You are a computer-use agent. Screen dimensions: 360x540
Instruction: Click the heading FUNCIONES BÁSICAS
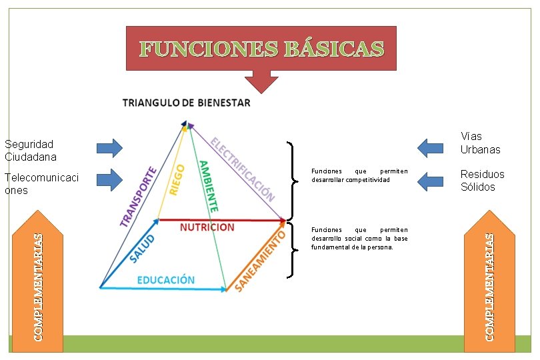point(261,49)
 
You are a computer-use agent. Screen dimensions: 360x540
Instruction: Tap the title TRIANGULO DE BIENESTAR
point(187,103)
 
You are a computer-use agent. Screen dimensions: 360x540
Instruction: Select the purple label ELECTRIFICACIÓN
point(242,169)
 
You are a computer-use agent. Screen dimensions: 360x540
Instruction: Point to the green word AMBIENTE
point(208,186)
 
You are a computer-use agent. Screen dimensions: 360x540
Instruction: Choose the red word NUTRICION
point(207,227)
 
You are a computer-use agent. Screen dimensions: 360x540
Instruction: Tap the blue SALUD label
point(142,247)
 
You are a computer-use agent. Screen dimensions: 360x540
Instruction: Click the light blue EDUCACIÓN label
point(166,279)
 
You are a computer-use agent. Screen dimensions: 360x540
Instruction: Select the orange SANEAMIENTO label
point(260,261)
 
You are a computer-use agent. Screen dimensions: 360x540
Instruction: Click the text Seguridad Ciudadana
point(30,150)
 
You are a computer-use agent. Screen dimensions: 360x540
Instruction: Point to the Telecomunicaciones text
point(41,183)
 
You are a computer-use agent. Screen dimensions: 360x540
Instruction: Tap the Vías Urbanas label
point(480,143)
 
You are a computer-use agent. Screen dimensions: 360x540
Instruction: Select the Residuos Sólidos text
point(482,180)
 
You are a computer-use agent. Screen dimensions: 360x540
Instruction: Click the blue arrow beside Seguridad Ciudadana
point(109,148)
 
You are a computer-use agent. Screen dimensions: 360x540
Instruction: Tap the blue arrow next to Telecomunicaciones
point(109,179)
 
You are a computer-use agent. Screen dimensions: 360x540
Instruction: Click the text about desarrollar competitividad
point(359,175)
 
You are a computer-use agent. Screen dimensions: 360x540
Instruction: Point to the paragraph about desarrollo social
point(359,238)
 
